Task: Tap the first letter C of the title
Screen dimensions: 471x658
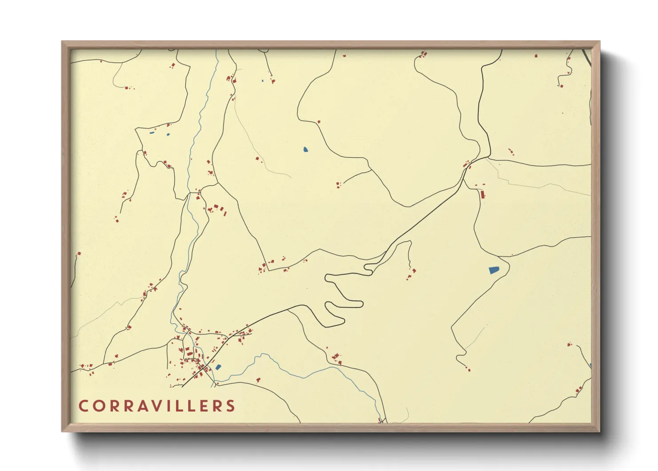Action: [x=83, y=406]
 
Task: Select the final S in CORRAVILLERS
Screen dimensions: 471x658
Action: [x=230, y=406]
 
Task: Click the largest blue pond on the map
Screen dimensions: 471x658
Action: [x=493, y=270]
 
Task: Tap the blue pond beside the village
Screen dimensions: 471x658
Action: [x=218, y=367]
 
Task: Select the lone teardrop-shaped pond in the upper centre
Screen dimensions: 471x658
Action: [x=305, y=150]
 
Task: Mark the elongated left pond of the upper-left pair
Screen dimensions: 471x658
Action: [x=152, y=133]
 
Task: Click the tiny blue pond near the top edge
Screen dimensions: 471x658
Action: [x=263, y=81]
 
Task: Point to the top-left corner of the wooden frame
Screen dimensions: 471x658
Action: [x=62, y=42]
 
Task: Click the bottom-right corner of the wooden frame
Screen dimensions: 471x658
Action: [x=599, y=431]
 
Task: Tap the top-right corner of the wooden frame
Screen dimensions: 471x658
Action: [x=599, y=42]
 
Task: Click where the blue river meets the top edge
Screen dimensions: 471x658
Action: [x=216, y=50]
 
